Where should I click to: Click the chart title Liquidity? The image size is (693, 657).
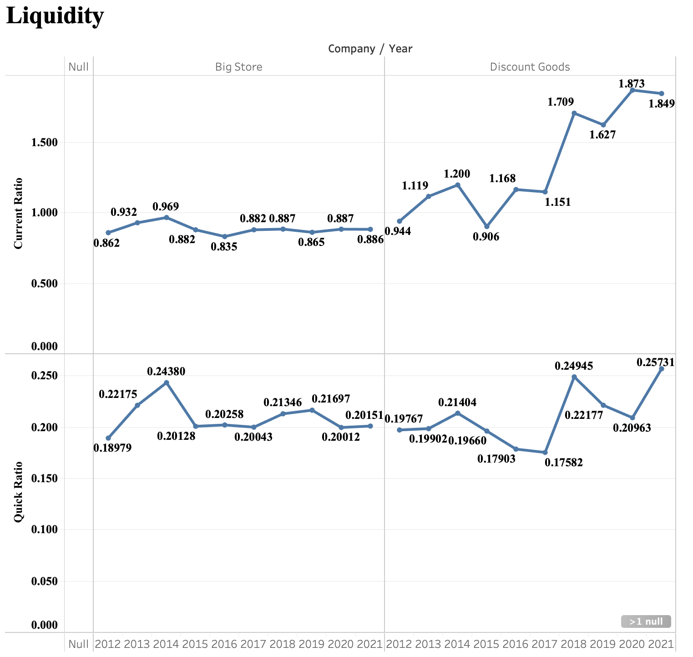[55, 16]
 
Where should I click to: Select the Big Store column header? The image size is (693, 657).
[238, 67]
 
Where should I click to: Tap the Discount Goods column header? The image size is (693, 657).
[530, 67]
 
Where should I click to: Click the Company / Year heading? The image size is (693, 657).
[370, 49]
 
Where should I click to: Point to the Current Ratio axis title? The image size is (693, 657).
[18, 214]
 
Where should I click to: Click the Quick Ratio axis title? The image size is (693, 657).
[18, 492]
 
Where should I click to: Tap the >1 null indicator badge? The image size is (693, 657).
[646, 621]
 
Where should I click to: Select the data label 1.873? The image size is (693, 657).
[632, 84]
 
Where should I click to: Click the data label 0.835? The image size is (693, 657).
[224, 247]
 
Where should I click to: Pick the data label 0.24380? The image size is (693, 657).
[166, 372]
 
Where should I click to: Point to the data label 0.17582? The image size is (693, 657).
[563, 463]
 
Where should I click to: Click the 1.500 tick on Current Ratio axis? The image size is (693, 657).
[44, 143]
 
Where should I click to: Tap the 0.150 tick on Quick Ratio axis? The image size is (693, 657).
[44, 479]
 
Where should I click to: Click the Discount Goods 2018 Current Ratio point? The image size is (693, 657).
[574, 113]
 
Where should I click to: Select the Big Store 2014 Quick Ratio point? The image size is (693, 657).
[167, 383]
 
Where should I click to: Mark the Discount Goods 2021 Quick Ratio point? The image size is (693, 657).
[662, 369]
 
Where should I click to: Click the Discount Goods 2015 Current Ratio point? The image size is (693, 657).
[487, 226]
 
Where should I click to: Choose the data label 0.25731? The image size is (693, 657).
[655, 362]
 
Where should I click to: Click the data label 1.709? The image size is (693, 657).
[561, 102]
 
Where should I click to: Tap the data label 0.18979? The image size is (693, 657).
[112, 448]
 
